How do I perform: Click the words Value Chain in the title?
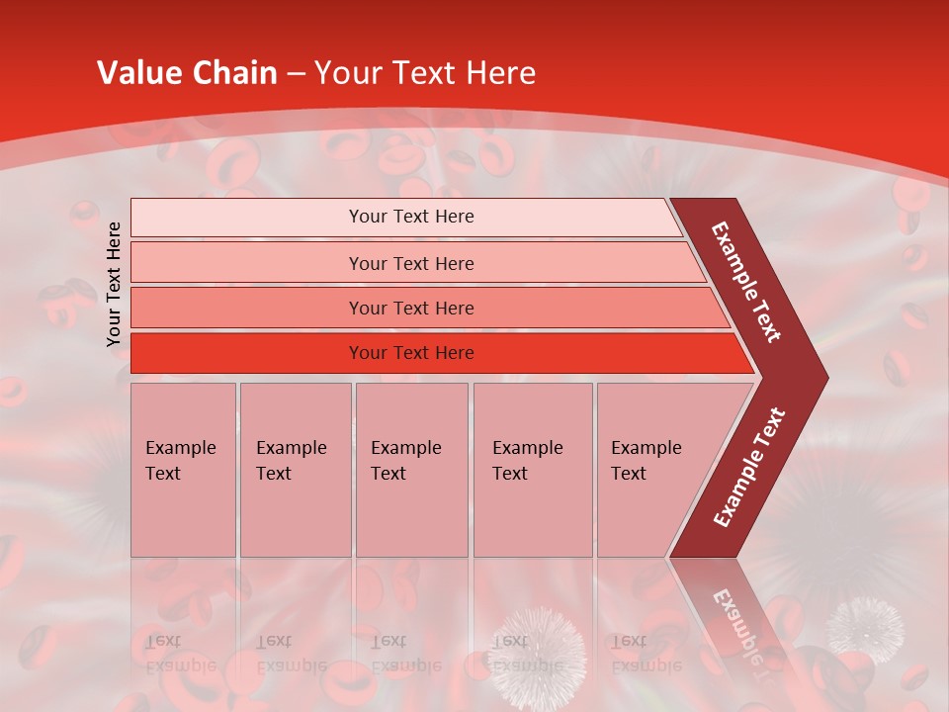187,73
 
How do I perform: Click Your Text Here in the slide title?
425,73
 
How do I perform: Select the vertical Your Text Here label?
114,284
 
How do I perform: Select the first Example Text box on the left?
183,470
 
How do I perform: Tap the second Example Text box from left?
295,470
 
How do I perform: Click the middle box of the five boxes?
411,470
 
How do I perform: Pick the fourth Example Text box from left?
532,470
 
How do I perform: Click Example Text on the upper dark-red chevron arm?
746,282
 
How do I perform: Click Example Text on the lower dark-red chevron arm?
749,467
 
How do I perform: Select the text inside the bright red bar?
411,353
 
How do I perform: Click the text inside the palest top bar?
411,217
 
